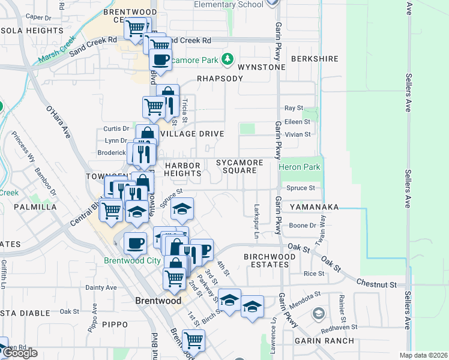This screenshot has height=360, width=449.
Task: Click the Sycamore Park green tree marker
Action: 227,59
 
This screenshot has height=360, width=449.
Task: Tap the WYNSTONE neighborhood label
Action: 261,67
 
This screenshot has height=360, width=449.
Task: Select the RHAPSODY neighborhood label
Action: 220,79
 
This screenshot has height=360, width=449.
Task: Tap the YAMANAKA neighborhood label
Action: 314,207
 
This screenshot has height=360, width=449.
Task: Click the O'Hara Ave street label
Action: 58,122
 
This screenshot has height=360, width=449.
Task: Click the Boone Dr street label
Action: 303,226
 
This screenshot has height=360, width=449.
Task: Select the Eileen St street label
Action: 298,121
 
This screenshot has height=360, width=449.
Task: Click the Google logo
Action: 20,353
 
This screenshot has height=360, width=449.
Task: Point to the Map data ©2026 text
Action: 423,355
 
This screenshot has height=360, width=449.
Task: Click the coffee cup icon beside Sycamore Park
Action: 160,59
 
